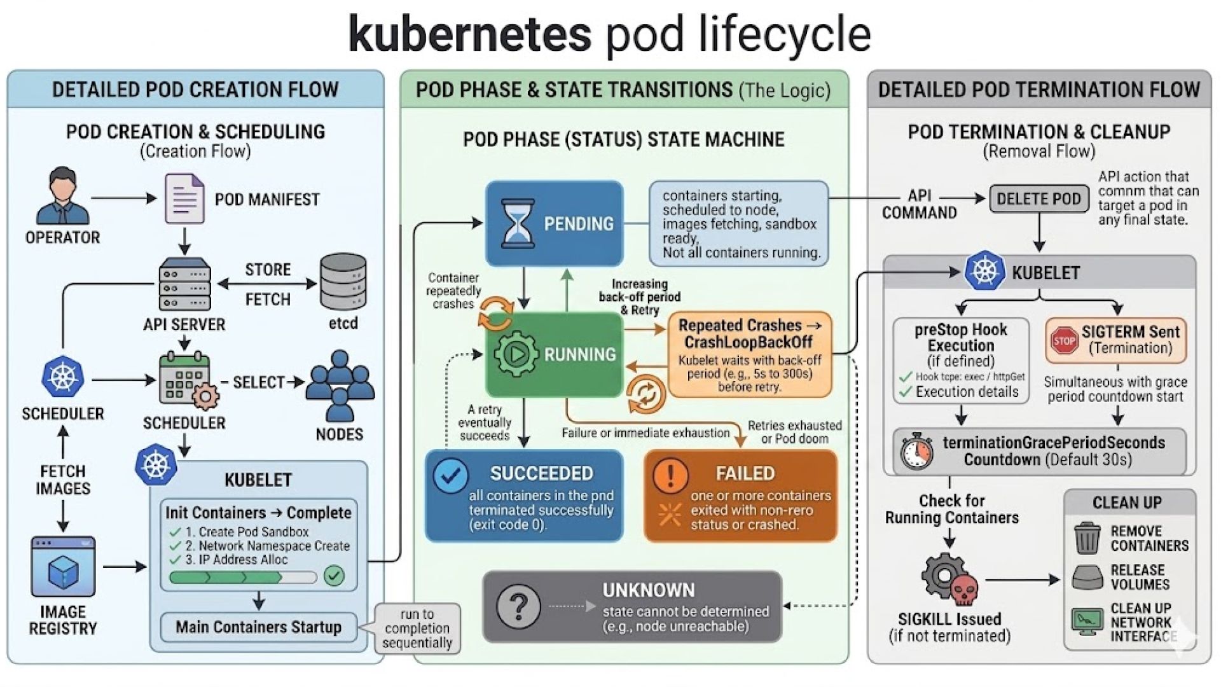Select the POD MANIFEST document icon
pyautogui.click(x=184, y=198)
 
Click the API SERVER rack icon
pyautogui.click(x=184, y=284)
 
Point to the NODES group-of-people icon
pyautogui.click(x=340, y=385)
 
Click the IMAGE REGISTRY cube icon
pyautogui.click(x=63, y=567)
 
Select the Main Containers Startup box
pyautogui.click(x=258, y=627)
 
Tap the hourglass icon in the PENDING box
pyautogui.click(x=518, y=223)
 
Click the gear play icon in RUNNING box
pyautogui.click(x=516, y=354)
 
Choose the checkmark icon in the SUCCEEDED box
pyautogui.click(x=451, y=476)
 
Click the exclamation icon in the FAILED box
pyautogui.click(x=670, y=475)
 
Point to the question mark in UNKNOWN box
pyautogui.click(x=519, y=606)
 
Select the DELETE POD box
pyautogui.click(x=1038, y=199)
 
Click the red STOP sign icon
pyautogui.click(x=1064, y=340)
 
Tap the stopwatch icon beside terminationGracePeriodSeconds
pyautogui.click(x=916, y=451)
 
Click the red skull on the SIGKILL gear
pyautogui.click(x=963, y=591)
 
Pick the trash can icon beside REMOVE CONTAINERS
pyautogui.click(x=1087, y=538)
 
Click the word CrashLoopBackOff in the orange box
pyautogui.click(x=748, y=342)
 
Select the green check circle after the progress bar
pyautogui.click(x=334, y=576)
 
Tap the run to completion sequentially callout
pyautogui.click(x=417, y=628)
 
